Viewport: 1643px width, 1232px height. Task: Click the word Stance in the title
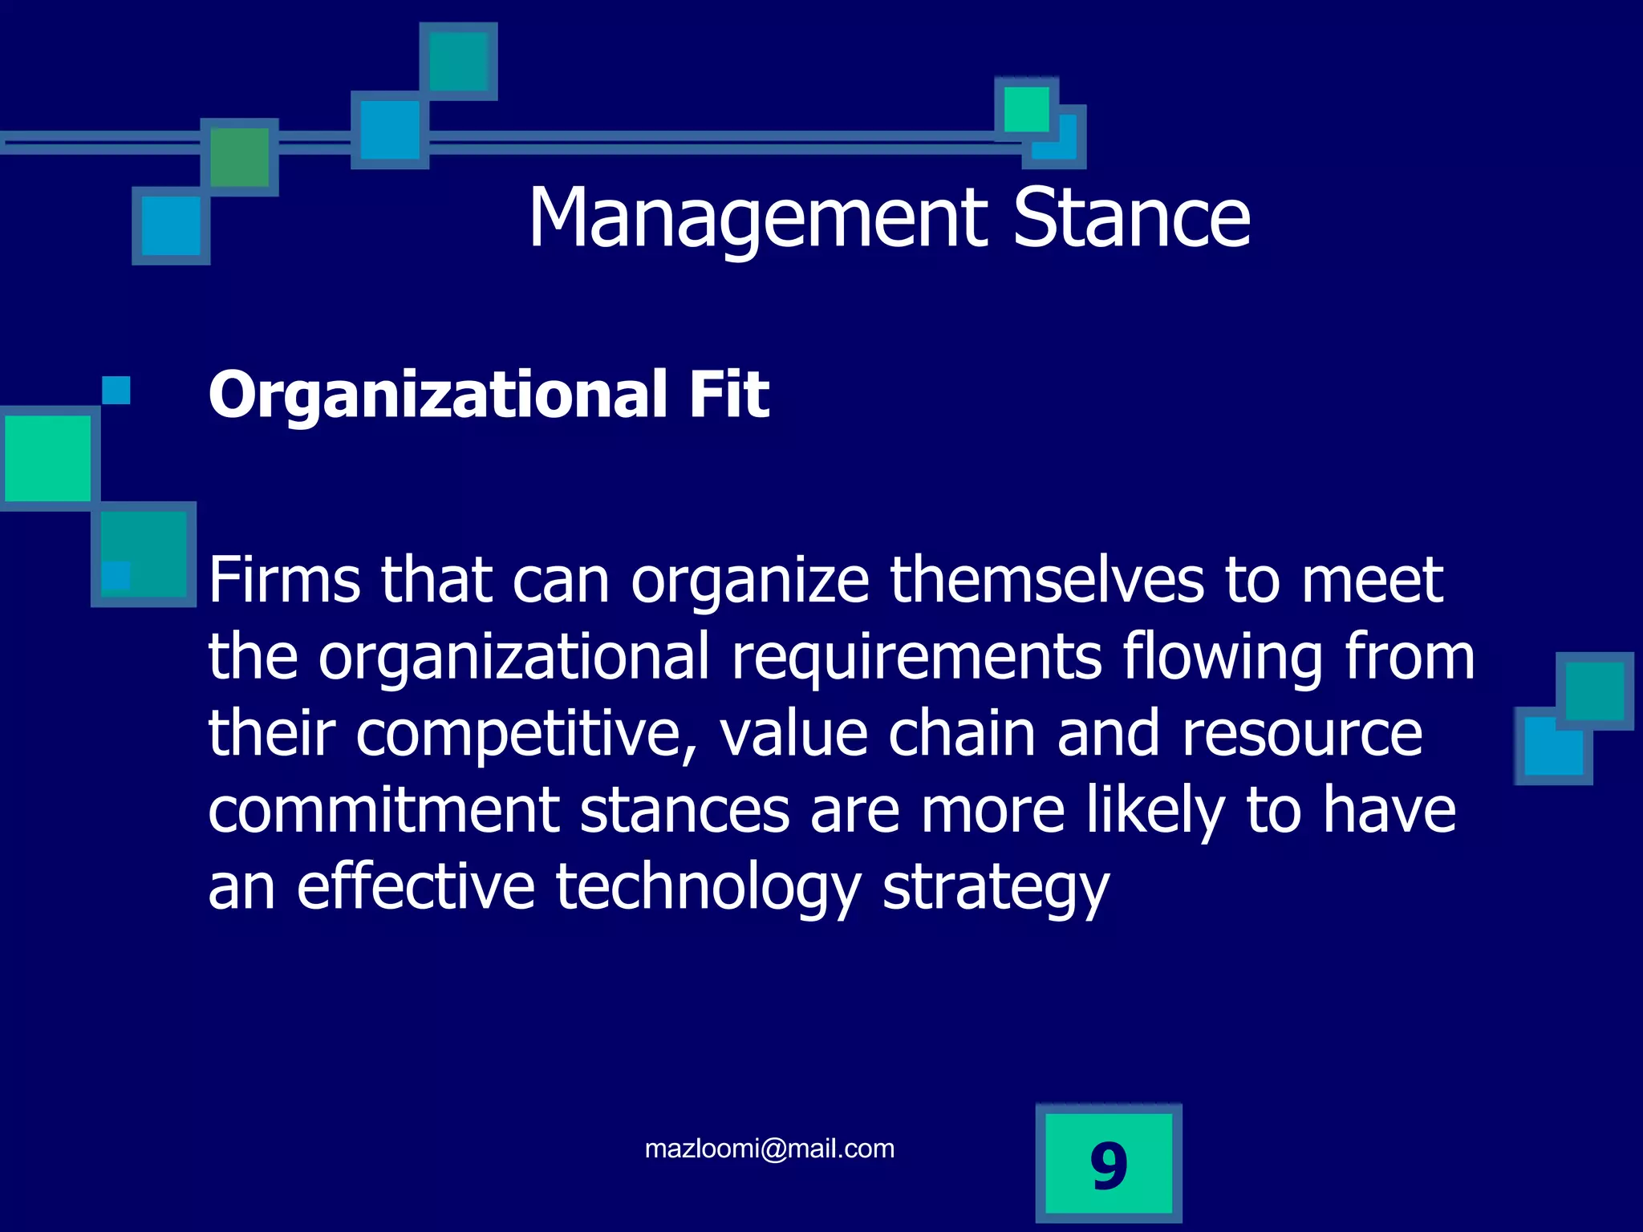(1131, 219)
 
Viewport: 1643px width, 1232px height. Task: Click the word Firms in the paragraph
(284, 580)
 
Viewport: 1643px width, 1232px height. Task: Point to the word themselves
(1046, 580)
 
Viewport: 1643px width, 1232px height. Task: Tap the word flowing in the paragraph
(1222, 657)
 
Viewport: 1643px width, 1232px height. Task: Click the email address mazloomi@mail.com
(769, 1149)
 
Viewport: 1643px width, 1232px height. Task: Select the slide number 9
(1109, 1165)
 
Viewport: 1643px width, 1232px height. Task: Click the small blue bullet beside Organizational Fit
(116, 391)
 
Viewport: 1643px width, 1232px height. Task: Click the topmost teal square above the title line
(458, 61)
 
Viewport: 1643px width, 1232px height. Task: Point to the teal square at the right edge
(1594, 691)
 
